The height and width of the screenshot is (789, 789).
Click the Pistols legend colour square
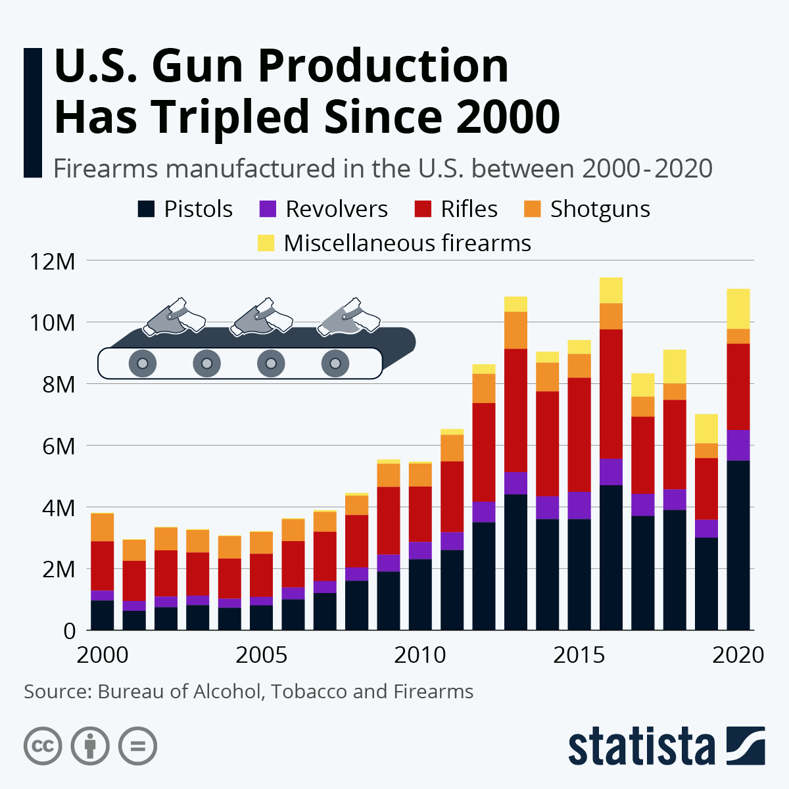point(145,209)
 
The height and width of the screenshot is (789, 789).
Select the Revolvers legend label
point(336,209)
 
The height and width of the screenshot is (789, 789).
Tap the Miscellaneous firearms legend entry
point(406,243)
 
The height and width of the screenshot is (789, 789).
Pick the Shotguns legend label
point(600,209)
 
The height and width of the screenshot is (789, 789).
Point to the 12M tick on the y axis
point(52,262)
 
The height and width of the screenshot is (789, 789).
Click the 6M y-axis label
point(57,446)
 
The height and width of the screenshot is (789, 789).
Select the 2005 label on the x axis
point(262,655)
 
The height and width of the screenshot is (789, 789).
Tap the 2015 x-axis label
point(579,655)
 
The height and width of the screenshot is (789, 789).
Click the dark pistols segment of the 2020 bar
point(738,546)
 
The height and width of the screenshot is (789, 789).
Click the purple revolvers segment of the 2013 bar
point(515,483)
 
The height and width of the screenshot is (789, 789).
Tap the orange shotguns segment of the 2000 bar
point(102,527)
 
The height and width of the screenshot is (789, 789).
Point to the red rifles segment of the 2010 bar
point(420,514)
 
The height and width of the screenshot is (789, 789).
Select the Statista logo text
point(642,746)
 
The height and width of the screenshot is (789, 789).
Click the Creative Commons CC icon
point(43,746)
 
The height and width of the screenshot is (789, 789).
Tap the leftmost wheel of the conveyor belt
point(142,363)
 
